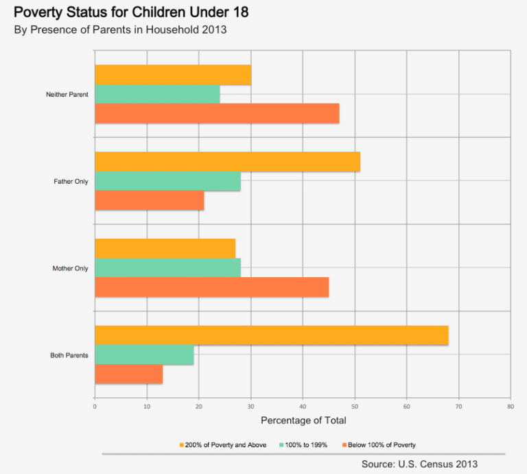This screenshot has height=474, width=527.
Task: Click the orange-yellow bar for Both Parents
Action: click(271, 335)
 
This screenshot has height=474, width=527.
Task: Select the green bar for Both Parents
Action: click(144, 355)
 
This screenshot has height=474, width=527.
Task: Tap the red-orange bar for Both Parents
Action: click(128, 375)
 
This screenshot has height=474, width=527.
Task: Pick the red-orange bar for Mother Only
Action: click(211, 287)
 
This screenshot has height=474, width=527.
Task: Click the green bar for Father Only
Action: click(167, 181)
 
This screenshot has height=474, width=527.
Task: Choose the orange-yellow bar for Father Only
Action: click(227, 161)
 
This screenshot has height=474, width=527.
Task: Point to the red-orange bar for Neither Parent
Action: click(217, 113)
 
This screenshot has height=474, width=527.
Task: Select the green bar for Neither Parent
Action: click(157, 94)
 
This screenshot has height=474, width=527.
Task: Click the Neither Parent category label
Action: click(67, 94)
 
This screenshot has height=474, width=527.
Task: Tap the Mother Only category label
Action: click(70, 268)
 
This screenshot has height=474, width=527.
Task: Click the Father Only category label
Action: click(71, 181)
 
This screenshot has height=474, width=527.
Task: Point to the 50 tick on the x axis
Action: click(355, 406)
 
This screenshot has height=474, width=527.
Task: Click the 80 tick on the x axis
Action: click(511, 406)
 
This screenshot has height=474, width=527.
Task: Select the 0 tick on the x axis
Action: click(95, 406)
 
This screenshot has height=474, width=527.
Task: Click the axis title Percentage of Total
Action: click(303, 420)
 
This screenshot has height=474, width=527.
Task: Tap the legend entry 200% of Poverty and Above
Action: click(222, 445)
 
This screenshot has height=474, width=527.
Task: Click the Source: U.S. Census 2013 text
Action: click(419, 464)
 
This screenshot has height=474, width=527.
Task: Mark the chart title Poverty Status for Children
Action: click(131, 12)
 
